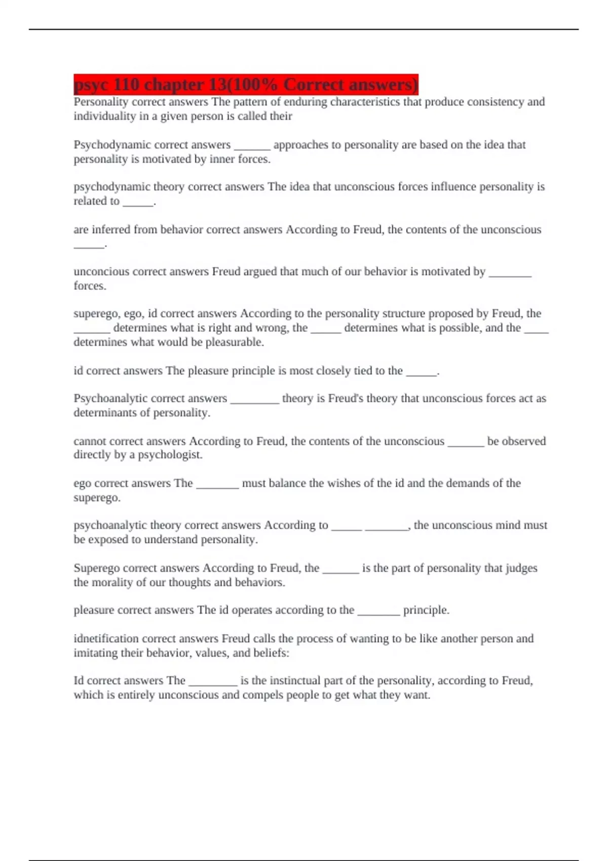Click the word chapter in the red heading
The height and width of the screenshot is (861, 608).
[x=172, y=85]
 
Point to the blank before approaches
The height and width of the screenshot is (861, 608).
[x=252, y=145]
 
